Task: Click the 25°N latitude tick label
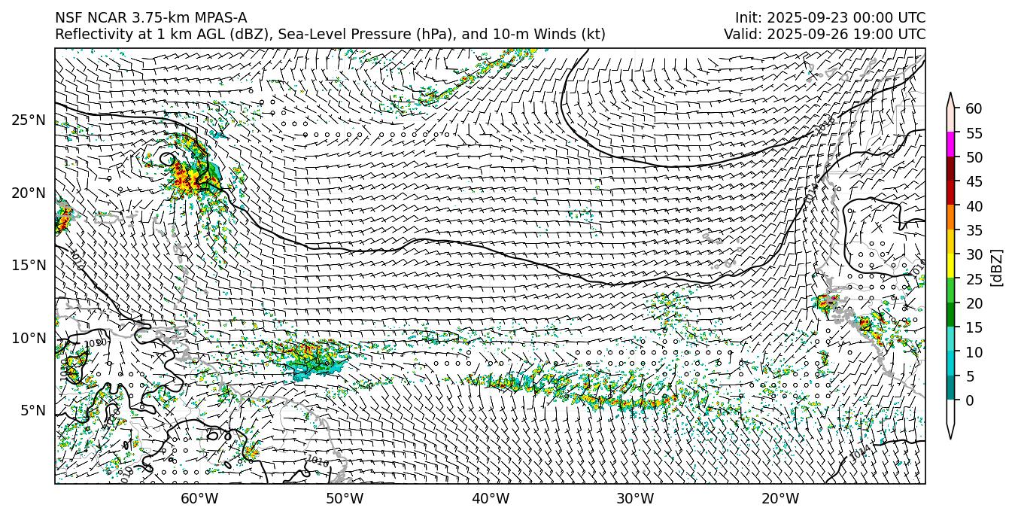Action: [28, 120]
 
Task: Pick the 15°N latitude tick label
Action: [28, 266]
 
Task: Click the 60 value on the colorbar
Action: [974, 109]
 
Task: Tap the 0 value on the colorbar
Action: [971, 400]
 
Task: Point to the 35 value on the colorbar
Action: [974, 230]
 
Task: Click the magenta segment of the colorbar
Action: [951, 144]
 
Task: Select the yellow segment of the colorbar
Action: [951, 266]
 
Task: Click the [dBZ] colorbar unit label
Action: [997, 268]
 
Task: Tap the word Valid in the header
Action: [740, 35]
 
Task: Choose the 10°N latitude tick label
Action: [28, 339]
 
